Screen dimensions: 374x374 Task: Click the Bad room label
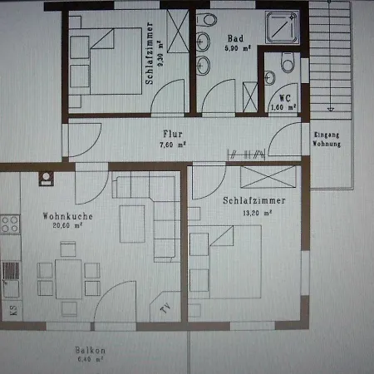coord(234,37)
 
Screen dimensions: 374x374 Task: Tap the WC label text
coord(285,96)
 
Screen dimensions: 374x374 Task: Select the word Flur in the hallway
coord(173,134)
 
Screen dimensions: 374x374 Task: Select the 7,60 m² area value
coord(173,144)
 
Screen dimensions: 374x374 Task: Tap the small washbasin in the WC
coord(270,78)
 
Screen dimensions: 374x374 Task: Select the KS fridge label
coord(12,310)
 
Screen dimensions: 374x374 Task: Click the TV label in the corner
coord(165,309)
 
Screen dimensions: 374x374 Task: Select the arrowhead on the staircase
coord(331,107)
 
